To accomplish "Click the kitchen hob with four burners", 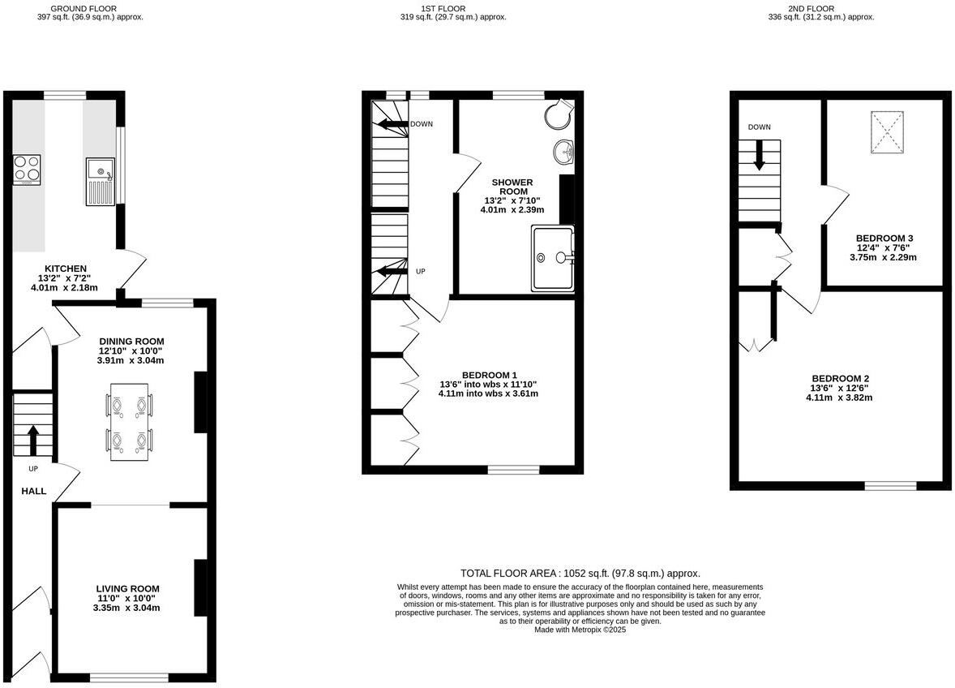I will tap(27, 169).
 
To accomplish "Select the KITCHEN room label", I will tap(65, 269).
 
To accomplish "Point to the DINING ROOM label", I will tap(131, 342).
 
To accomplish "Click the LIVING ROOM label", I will tap(127, 589).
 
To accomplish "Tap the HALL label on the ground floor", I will tap(33, 492).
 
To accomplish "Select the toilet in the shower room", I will tap(558, 115).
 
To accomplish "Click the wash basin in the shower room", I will tap(564, 152).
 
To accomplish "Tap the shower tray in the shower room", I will tap(553, 258).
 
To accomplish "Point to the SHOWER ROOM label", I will tap(512, 187).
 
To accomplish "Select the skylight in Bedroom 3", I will tap(887, 131).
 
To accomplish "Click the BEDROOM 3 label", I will tap(884, 239).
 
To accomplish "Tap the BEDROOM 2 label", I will tap(840, 379).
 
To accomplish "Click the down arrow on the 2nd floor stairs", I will tap(759, 156).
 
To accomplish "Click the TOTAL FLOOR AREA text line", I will tap(580, 573).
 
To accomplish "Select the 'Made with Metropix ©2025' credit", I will tap(580, 629).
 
